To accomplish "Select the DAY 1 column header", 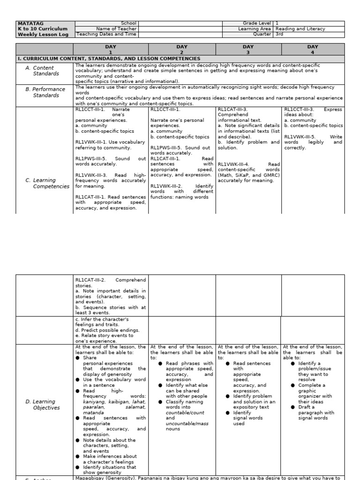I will coord(111,49).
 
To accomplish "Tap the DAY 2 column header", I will coord(182,49).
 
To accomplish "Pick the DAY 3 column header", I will coord(248,49).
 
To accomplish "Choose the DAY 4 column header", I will coord(313,49).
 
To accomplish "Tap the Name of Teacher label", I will coord(116,29).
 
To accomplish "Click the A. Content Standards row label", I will coord(45,71).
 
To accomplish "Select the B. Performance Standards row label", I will coord(45,92).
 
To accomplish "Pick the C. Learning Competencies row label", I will coord(47,183).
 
